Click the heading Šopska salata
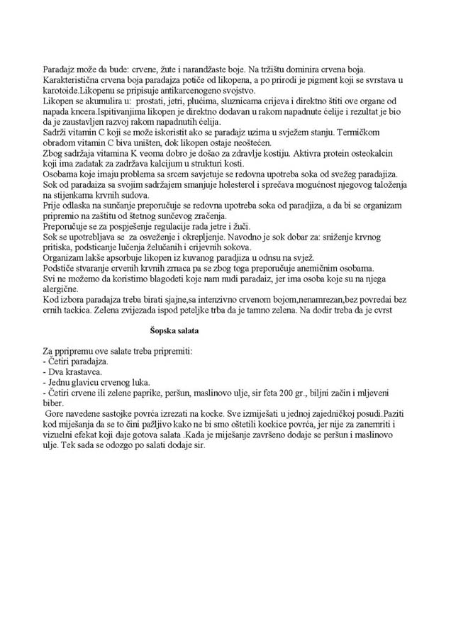174,330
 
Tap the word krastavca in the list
84,371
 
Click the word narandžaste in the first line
194,69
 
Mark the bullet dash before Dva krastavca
44,371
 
